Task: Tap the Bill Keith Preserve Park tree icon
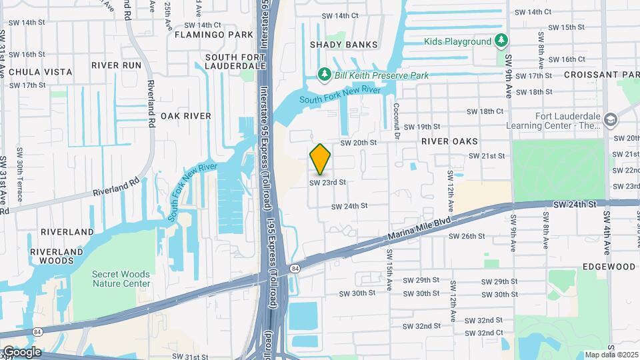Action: (x=325, y=74)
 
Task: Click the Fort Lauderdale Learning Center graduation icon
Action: (x=611, y=120)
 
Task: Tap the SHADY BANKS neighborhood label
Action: (x=343, y=45)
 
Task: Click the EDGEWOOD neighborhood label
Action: (x=609, y=267)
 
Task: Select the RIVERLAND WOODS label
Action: (x=67, y=237)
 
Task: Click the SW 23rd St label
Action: (x=327, y=182)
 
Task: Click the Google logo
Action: (x=21, y=352)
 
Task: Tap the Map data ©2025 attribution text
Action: (x=611, y=355)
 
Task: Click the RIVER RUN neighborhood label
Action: (x=117, y=65)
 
